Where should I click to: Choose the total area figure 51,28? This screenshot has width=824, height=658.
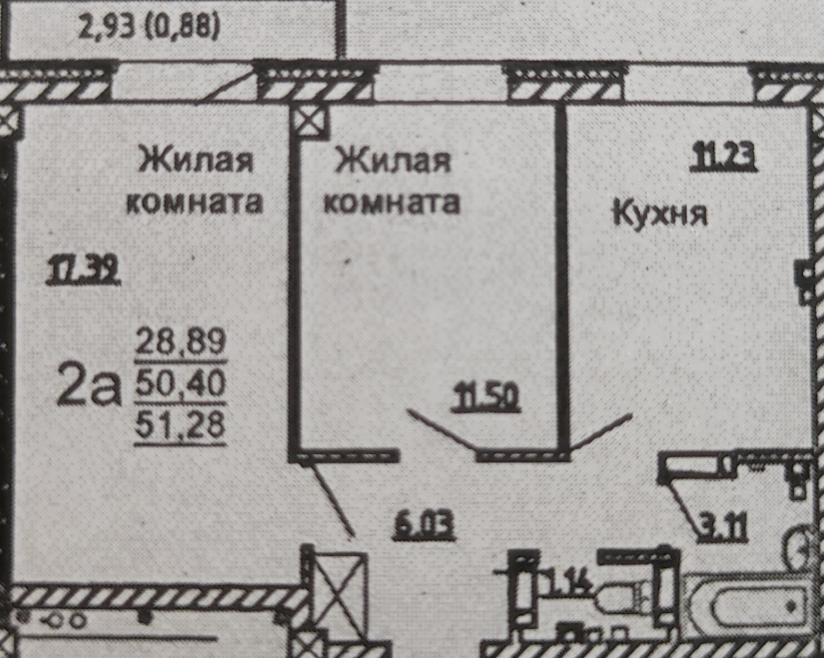click(x=180, y=424)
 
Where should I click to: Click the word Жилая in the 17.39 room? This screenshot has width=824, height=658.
click(x=196, y=161)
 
